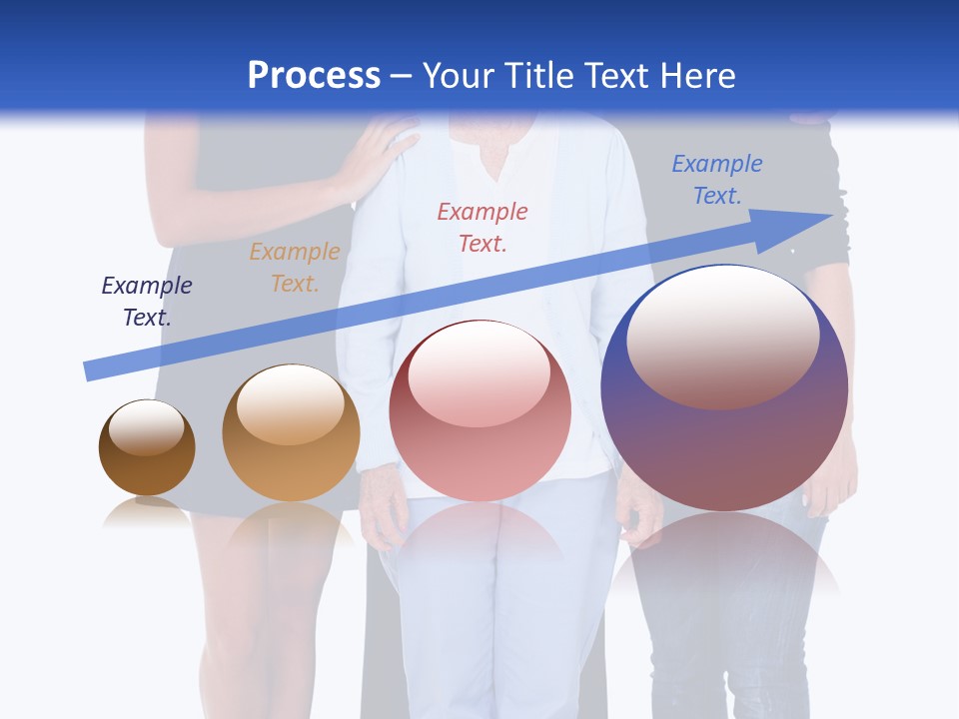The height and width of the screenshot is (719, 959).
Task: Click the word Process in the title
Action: pos(314,76)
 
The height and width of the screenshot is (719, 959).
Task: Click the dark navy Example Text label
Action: pos(147,301)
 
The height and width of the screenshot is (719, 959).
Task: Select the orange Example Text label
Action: pos(295,267)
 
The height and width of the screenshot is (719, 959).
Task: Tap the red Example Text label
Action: pos(482,227)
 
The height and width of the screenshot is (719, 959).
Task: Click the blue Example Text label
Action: pos(717,179)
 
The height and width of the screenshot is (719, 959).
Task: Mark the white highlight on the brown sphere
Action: pos(146,428)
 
